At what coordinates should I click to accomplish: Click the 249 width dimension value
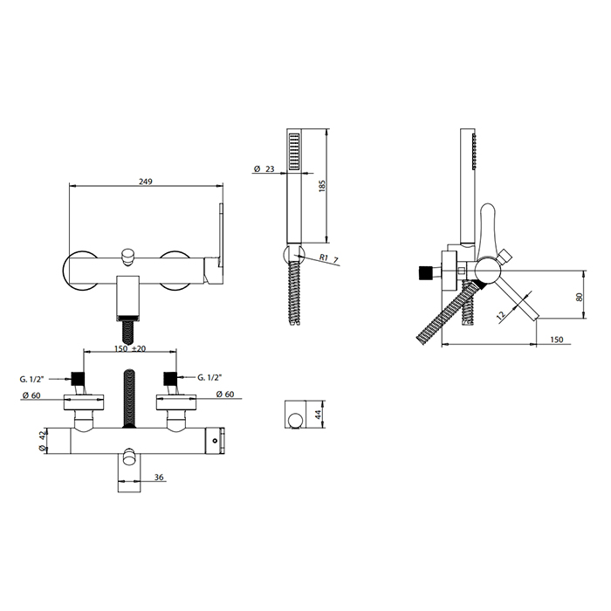point(146,182)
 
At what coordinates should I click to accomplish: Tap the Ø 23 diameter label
point(264,168)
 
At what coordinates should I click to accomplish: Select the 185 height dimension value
point(322,186)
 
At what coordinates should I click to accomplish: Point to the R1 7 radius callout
point(329,258)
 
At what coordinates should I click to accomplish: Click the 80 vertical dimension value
point(579,297)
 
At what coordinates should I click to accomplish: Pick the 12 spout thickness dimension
point(502,315)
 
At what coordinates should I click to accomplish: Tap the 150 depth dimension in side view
point(557,340)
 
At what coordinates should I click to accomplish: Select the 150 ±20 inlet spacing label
point(130,348)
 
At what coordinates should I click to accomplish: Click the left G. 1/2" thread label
point(32,379)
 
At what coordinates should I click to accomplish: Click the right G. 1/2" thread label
point(209,377)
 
